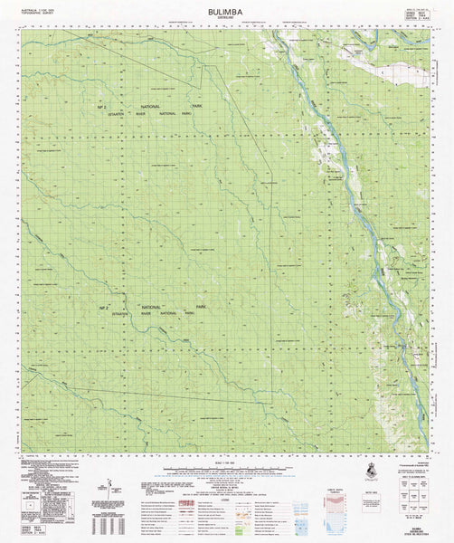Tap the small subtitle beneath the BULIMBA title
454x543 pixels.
click(227, 20)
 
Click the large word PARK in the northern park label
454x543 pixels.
click(197, 106)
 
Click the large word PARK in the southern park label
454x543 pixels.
click(190, 312)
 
